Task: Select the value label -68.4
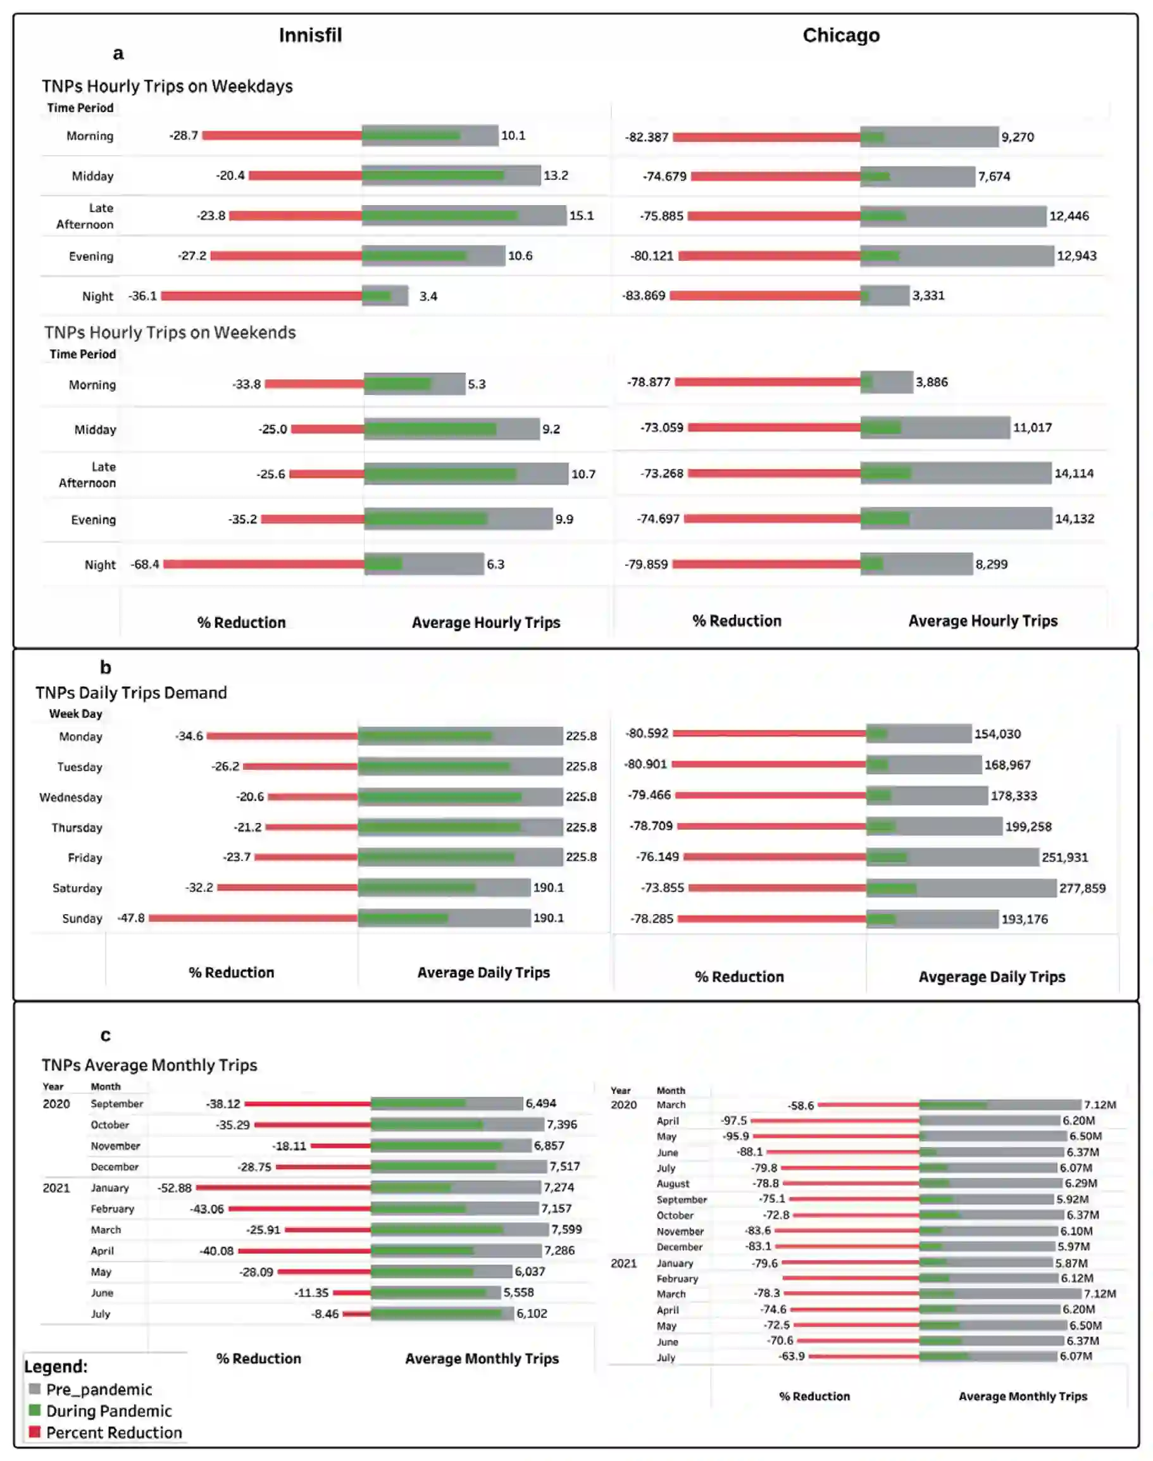coord(145,564)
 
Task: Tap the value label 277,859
coord(1082,888)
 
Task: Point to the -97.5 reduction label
coord(734,1120)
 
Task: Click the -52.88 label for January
coord(174,1188)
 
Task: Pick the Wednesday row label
coord(71,798)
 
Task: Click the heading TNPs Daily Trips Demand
coord(131,693)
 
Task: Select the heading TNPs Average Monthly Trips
coord(149,1065)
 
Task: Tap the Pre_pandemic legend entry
coord(99,1389)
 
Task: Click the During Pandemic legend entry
coord(108,1411)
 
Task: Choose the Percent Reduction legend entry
coord(113,1433)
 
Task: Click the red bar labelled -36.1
coord(261,296)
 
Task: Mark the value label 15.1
coord(581,215)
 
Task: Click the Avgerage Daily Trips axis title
coord(991,976)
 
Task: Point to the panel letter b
coord(105,667)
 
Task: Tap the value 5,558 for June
coord(518,1292)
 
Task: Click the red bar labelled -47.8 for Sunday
coord(253,917)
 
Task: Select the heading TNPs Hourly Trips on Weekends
coord(170,332)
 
